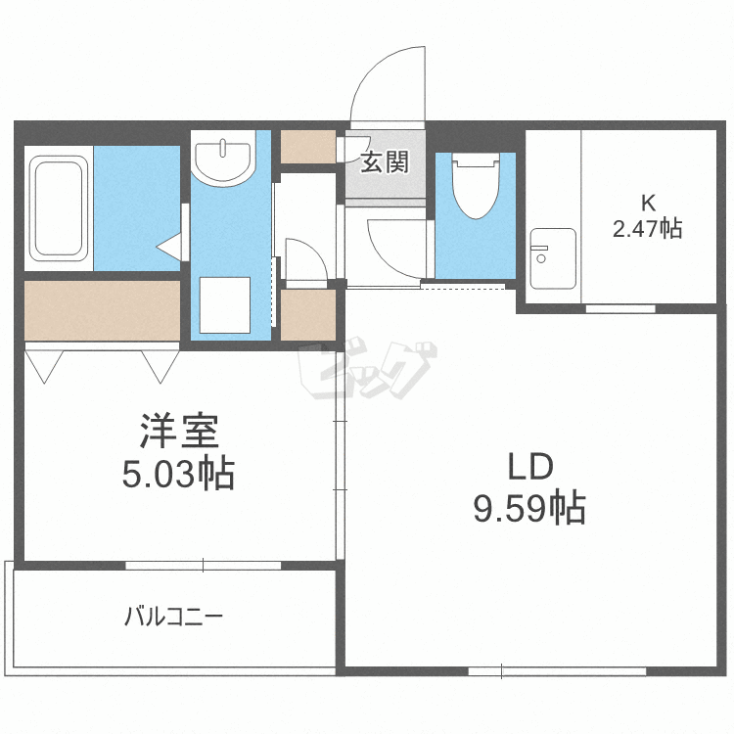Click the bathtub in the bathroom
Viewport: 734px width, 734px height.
(x=58, y=208)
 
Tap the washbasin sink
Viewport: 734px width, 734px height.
(x=223, y=160)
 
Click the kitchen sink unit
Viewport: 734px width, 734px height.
(x=552, y=257)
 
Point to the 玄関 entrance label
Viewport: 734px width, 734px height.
(x=384, y=161)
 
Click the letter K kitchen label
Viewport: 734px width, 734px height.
(x=647, y=204)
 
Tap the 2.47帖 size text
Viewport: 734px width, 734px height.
(x=647, y=230)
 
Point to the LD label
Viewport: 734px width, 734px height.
(x=529, y=465)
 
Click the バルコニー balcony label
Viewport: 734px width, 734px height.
(x=174, y=618)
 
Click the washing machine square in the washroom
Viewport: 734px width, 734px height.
(x=224, y=304)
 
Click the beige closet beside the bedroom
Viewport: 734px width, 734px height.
(x=102, y=310)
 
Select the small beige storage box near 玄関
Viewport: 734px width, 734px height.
(x=308, y=146)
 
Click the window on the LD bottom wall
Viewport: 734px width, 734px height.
(x=557, y=670)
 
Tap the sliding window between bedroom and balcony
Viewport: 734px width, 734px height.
(x=203, y=565)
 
